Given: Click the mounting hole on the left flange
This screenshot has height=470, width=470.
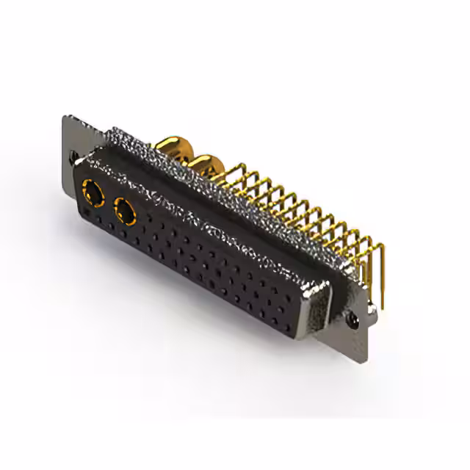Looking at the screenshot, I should (74, 156).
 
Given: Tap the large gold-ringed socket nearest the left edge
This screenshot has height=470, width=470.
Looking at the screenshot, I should (94, 195).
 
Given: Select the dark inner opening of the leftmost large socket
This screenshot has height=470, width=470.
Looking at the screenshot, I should (94, 196).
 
